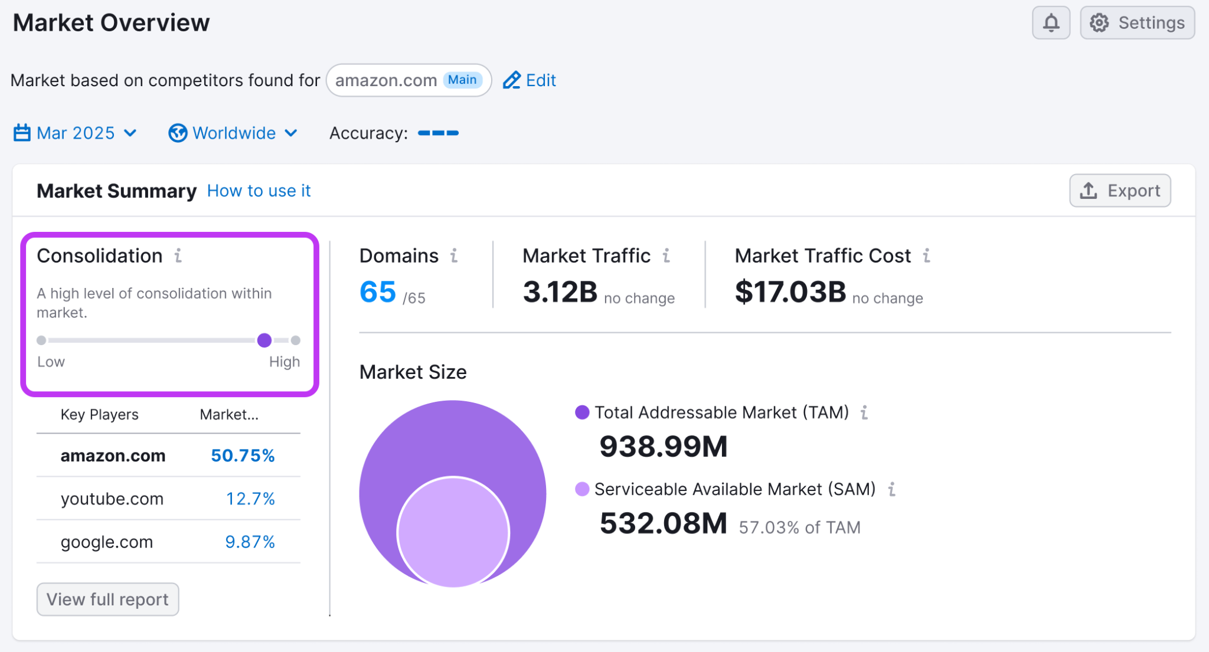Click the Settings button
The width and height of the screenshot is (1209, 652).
[x=1137, y=23]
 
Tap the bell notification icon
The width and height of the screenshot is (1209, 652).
[x=1051, y=23]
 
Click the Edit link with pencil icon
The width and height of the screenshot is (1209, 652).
[x=530, y=80]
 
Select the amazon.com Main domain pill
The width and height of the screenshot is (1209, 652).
[x=409, y=80]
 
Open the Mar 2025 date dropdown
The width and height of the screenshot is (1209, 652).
[x=76, y=133]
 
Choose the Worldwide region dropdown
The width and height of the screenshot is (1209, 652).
[x=233, y=133]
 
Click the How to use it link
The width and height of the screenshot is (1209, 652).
[x=259, y=191]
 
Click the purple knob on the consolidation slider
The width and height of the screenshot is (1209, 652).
[x=264, y=340]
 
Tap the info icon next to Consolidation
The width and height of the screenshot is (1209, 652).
[x=178, y=256]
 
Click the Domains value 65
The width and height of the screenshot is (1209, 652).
[x=378, y=292]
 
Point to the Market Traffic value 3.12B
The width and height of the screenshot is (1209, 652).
[x=560, y=292]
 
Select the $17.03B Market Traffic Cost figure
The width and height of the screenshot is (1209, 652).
[x=790, y=292]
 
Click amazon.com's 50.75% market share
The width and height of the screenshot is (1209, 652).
[x=243, y=456]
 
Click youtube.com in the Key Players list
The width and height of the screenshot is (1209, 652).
[x=112, y=499]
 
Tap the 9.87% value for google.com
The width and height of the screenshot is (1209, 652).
[x=250, y=542]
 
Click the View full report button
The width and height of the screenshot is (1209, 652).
[x=107, y=599]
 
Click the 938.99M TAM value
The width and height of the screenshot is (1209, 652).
[x=663, y=447]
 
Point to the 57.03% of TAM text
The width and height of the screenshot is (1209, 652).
[x=799, y=528]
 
